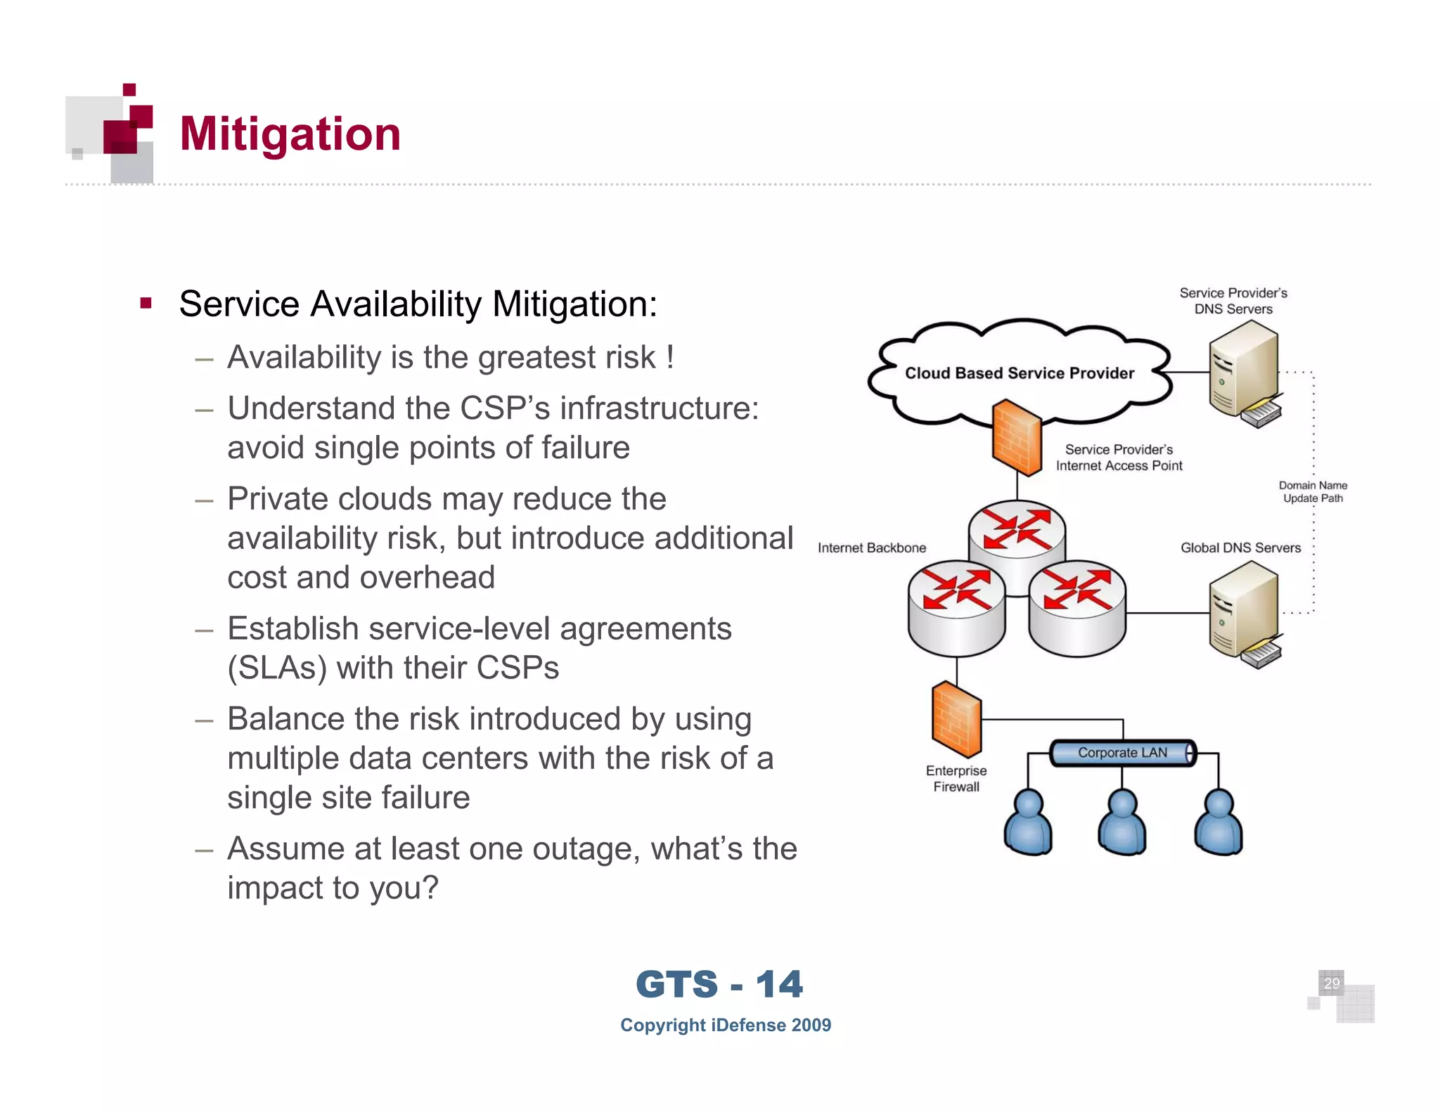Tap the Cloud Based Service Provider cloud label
(1019, 373)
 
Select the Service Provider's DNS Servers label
(1233, 301)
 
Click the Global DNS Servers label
(1240, 548)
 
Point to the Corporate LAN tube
(1122, 753)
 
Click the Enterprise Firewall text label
(956, 779)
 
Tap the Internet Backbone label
(871, 548)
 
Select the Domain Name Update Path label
(1313, 491)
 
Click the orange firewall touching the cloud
(1017, 437)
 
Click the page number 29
(1331, 983)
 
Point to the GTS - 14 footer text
(719, 984)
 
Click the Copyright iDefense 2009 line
(725, 1025)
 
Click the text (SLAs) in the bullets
(276, 668)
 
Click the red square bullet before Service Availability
(146, 304)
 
